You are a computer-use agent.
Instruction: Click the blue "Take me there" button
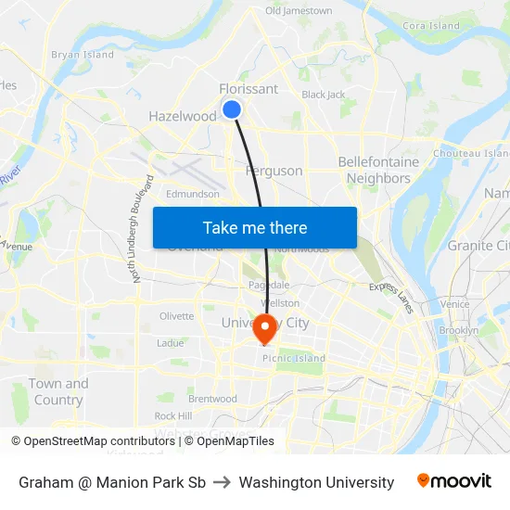coord(255,228)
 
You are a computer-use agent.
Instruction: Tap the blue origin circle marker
coord(232,109)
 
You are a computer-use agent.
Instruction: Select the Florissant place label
coord(248,89)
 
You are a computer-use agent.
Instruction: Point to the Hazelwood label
coord(183,117)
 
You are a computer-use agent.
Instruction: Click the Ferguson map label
coord(274,171)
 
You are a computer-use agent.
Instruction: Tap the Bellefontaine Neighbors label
coord(378,170)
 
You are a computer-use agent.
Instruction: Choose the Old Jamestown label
coord(299,11)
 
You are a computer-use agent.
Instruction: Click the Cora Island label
coord(432,26)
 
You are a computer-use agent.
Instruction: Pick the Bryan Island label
coord(83,55)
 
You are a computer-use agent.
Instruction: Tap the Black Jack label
coord(324,95)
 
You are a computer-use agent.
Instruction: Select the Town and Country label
coord(58,392)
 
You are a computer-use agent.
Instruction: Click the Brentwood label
coord(212,399)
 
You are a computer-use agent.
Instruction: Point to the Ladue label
coord(171,343)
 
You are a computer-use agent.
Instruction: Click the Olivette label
coord(177,316)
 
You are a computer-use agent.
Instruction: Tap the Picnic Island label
coord(294,359)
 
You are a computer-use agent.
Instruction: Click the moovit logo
coord(454,481)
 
